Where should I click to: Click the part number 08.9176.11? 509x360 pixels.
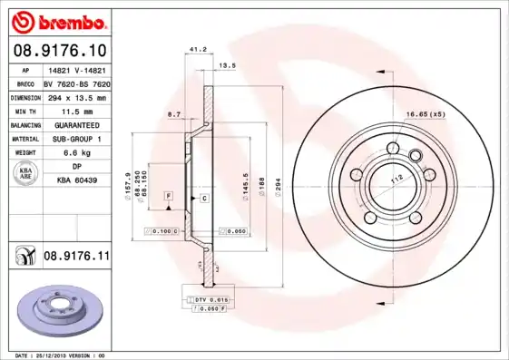pyautogui.click(x=76, y=258)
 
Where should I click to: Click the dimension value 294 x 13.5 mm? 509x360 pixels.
pyautogui.click(x=76, y=95)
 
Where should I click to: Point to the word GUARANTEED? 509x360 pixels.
pyautogui.click(x=76, y=124)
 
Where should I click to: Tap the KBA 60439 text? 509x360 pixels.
pyautogui.click(x=76, y=182)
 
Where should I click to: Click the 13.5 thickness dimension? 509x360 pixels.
pyautogui.click(x=228, y=66)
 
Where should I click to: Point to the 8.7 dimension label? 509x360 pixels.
pyautogui.click(x=174, y=114)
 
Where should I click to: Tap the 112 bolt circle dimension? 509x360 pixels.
pyautogui.click(x=396, y=180)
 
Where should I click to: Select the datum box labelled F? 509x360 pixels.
pyautogui.click(x=168, y=196)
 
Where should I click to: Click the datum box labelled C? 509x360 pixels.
pyautogui.click(x=204, y=198)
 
